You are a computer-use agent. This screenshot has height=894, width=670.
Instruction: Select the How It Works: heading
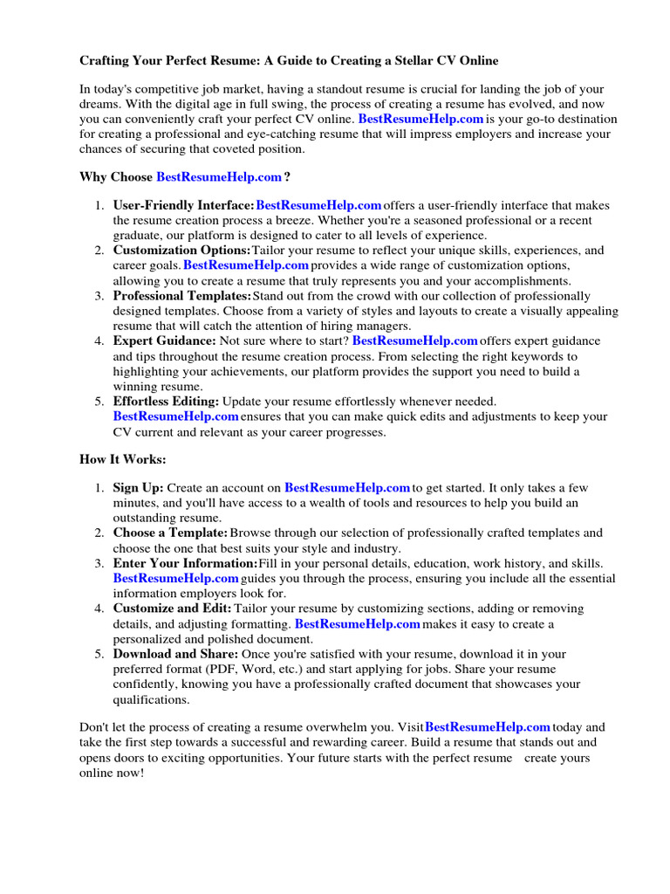[x=122, y=459]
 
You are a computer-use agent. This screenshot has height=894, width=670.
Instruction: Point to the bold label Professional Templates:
[x=181, y=296]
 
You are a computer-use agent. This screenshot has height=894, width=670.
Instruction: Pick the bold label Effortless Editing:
[x=166, y=402]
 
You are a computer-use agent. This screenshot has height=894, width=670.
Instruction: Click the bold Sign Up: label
[x=138, y=487]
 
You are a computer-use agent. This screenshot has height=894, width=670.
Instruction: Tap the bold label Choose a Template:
[x=170, y=533]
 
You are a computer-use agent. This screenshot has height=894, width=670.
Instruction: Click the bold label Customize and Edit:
[x=172, y=609]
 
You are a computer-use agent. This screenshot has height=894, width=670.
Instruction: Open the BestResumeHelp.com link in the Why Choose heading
[x=219, y=177]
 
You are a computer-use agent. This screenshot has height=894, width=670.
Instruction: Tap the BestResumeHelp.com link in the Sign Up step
[x=347, y=487]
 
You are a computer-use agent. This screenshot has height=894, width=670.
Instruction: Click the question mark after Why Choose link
[x=287, y=177]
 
